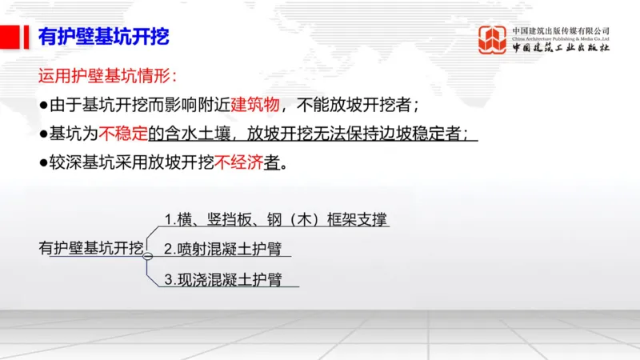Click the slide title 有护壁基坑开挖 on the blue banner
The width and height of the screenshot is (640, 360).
(x=104, y=37)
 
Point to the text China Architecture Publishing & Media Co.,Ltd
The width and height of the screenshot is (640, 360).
(x=561, y=38)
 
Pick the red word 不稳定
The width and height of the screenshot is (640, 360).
(x=121, y=134)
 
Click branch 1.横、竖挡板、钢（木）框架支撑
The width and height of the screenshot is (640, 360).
(x=277, y=219)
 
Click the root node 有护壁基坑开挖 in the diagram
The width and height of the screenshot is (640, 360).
(x=91, y=248)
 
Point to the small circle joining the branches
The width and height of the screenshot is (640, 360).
(x=147, y=255)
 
